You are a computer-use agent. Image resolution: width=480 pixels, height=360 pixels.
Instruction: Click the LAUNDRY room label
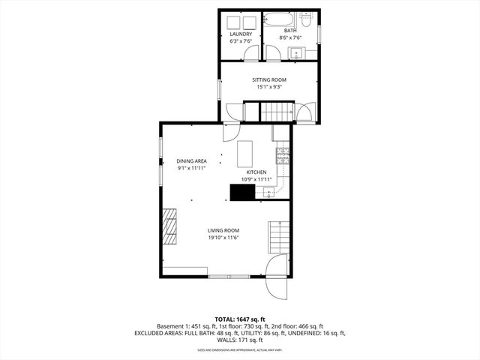[x=240, y=34]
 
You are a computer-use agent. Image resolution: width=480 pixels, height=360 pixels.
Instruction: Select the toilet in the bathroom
[x=273, y=52]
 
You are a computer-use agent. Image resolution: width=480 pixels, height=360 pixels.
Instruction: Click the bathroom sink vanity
[x=297, y=52]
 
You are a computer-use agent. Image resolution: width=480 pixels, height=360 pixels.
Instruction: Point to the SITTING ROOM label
[x=268, y=79]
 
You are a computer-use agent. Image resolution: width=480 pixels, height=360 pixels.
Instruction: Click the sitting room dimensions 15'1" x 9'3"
[x=268, y=87]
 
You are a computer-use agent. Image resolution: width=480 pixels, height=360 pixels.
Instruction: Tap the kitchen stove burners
[x=283, y=157]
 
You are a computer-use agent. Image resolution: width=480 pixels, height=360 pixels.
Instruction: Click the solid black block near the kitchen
[x=241, y=193]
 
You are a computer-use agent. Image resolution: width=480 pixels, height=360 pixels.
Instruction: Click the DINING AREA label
[x=191, y=161]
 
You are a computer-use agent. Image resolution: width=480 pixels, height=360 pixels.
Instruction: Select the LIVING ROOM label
[x=223, y=230]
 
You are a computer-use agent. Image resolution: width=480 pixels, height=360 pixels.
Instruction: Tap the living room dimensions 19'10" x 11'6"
[x=223, y=238]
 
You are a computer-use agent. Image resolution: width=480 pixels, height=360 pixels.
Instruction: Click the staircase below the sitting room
[x=275, y=112]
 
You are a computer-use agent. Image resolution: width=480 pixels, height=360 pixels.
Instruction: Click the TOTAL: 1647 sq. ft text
[x=239, y=319]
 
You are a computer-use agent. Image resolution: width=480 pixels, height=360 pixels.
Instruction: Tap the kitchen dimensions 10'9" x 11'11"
[x=255, y=179]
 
